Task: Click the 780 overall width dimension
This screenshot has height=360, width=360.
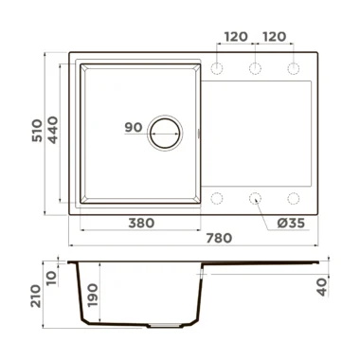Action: tap(219, 238)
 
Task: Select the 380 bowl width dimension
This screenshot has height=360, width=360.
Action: tap(141, 224)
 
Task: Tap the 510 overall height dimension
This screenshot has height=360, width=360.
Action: tap(37, 131)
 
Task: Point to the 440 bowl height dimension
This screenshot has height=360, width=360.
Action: tap(53, 130)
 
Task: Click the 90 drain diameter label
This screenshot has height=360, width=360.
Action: tap(134, 127)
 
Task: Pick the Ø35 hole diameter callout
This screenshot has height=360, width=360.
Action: tap(291, 224)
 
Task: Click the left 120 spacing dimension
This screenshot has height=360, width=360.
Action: tap(236, 37)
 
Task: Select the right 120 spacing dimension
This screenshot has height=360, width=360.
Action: tap(274, 37)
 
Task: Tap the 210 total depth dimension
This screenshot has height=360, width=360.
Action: tap(36, 296)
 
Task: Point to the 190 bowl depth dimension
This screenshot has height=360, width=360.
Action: tap(93, 296)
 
